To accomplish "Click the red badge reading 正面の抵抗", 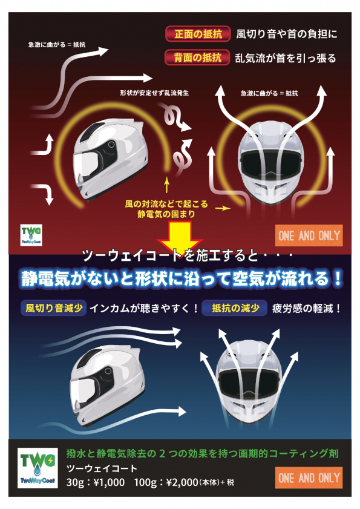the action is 198,34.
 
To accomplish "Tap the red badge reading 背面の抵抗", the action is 197,57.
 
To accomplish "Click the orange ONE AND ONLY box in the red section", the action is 309,235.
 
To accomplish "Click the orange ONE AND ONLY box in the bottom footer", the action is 309,478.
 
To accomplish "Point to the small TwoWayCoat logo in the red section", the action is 31,235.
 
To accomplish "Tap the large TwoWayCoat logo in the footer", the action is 38,468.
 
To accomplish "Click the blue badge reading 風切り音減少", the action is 54,308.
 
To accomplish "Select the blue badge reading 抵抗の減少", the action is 235,308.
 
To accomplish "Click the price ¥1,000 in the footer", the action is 109,482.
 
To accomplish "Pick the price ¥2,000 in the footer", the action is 182,482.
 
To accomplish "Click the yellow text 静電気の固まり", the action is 166,214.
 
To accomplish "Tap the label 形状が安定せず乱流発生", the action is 154,93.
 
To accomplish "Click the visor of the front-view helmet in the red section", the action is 270,162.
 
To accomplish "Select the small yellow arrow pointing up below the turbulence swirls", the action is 166,185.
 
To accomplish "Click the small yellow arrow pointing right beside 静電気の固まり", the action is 223,208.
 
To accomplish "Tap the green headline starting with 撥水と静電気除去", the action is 203,453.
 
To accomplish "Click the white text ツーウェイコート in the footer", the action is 102,468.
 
